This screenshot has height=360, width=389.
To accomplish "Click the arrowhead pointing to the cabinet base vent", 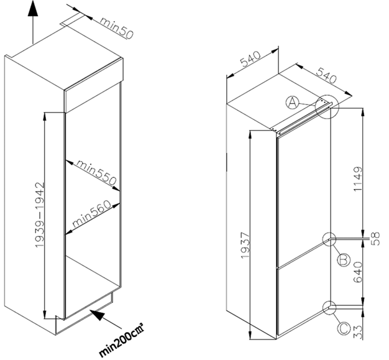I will click(94, 313).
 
